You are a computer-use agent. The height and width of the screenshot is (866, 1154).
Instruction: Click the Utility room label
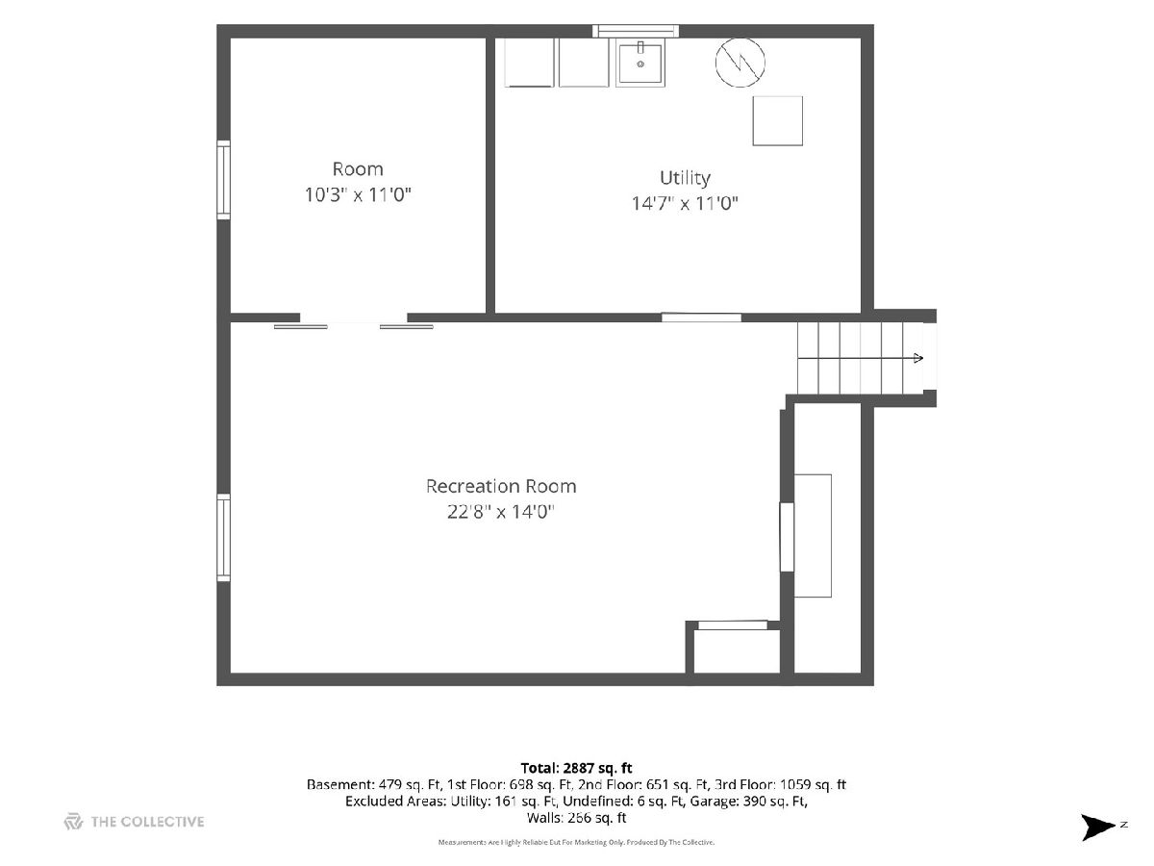coord(685,178)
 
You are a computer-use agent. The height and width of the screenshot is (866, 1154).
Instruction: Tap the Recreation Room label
coord(500,486)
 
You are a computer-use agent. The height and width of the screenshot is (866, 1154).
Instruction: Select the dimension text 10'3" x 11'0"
coord(358,194)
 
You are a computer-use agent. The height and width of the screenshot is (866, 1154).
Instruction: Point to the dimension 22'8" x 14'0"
coord(500,511)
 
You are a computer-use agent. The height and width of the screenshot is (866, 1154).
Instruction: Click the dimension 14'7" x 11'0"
coord(685,203)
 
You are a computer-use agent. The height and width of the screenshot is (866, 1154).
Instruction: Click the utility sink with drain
coord(640,64)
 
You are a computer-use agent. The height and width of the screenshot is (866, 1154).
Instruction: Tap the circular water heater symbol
coord(740,62)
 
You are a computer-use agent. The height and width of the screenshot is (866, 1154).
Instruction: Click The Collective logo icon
coord(73,822)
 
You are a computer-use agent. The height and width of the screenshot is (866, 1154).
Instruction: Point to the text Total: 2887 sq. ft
coord(576,768)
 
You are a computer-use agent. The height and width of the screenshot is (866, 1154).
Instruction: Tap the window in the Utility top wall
coord(636,31)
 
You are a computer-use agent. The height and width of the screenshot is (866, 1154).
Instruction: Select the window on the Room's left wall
coord(223,180)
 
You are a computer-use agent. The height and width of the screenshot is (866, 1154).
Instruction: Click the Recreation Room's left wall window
coord(223,537)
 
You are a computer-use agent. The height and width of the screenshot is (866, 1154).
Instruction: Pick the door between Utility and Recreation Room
coord(701,318)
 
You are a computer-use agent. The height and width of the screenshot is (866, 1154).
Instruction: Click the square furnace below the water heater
coord(777,121)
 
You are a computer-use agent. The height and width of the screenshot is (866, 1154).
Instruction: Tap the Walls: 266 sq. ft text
coord(576,818)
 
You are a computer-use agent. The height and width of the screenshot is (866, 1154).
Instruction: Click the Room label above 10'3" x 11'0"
coord(358,169)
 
